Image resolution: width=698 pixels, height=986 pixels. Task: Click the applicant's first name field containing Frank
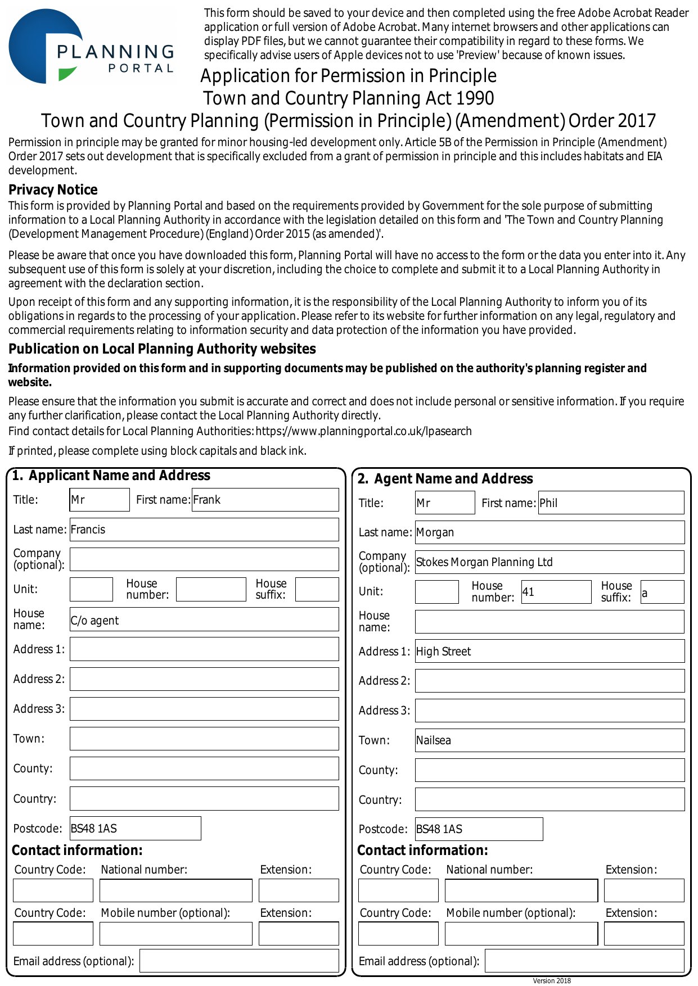point(265,500)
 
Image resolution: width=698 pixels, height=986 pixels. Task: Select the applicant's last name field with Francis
point(204,530)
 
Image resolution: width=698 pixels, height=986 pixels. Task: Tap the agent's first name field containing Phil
point(611,503)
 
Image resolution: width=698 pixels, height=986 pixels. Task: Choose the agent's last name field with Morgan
point(550,532)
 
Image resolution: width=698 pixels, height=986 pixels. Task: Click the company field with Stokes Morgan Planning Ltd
point(550,562)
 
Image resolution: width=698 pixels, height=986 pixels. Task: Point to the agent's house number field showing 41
point(556,592)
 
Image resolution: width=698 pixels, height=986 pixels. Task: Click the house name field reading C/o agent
point(204,619)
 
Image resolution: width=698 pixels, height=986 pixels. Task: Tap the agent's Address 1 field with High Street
point(550,651)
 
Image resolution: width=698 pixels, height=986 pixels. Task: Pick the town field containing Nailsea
point(550,740)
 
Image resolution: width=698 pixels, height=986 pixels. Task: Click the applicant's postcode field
point(135,829)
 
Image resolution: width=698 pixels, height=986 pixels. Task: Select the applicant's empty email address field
point(239,961)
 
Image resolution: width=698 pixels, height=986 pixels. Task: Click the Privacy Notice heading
point(53,190)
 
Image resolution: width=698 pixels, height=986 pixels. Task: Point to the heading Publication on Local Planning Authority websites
point(162,349)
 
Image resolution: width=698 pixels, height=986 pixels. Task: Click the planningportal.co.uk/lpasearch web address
point(363,431)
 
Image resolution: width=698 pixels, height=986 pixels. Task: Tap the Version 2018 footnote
point(552,981)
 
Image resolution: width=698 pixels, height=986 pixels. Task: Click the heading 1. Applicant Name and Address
point(111,476)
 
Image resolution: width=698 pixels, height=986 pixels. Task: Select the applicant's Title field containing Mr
point(100,500)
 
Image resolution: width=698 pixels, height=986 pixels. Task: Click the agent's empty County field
point(550,770)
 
